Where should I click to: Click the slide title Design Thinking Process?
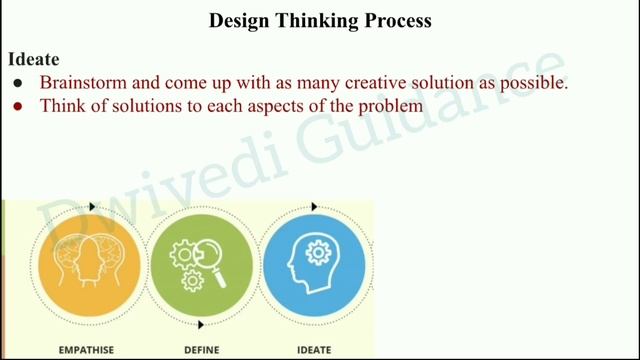320,20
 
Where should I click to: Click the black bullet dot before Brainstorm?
17,84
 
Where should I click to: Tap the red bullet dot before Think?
17,106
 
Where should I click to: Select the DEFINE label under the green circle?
201,350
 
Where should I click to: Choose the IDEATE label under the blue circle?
314,350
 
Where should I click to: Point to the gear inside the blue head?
319,254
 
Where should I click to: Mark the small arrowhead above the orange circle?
92,207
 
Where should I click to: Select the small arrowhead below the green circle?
202,324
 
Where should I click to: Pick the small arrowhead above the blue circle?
314,207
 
